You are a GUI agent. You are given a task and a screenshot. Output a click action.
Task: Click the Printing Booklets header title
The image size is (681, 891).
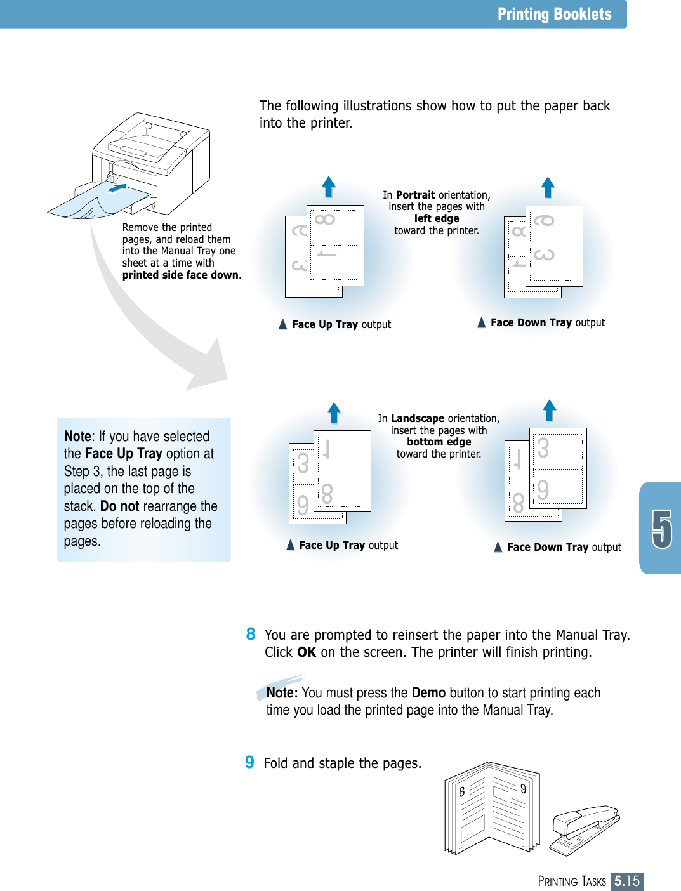(x=554, y=14)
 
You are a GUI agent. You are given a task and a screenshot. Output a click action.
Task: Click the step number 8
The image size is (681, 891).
(x=251, y=634)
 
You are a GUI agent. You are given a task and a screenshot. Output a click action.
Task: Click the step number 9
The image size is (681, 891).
(x=250, y=762)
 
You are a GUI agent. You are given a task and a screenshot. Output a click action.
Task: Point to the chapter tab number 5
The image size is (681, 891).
(x=661, y=528)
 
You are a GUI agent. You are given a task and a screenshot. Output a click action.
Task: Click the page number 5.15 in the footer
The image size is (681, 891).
(x=626, y=881)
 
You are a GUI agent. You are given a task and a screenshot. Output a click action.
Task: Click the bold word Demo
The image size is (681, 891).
(x=428, y=692)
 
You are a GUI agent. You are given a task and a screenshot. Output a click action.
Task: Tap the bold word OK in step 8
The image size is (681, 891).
(x=307, y=652)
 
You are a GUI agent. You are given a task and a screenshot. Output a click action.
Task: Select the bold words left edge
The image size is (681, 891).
(x=437, y=218)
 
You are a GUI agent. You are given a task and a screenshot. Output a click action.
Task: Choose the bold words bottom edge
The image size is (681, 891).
(x=439, y=442)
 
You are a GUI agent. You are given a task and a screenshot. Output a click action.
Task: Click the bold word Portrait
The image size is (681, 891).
(x=415, y=195)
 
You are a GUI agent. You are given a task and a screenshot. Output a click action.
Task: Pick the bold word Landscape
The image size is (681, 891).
(x=418, y=418)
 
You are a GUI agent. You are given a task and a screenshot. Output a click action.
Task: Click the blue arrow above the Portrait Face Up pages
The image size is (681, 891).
(x=328, y=187)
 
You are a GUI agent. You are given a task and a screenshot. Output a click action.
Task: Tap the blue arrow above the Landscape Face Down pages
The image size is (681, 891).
(x=550, y=410)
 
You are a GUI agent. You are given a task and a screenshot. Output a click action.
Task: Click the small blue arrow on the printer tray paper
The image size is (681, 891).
(x=117, y=188)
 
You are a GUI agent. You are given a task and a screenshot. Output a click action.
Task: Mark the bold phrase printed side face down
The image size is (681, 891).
(x=180, y=275)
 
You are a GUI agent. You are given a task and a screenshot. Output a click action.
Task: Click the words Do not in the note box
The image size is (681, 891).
(x=119, y=506)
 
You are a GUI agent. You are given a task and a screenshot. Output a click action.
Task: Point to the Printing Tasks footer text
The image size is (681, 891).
(x=572, y=881)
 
